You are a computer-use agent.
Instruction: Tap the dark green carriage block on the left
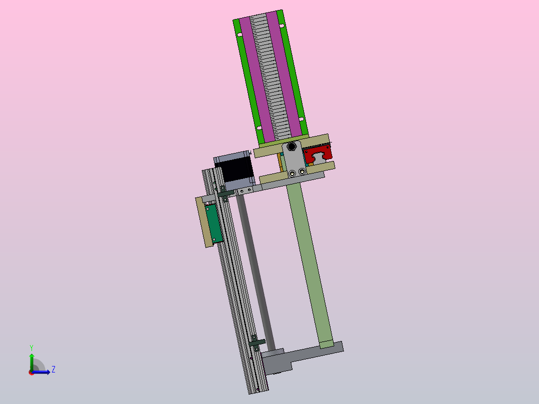pos(213,223)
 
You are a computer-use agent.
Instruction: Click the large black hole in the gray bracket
pos(292,147)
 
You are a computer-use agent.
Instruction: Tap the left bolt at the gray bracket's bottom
pos(292,173)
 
